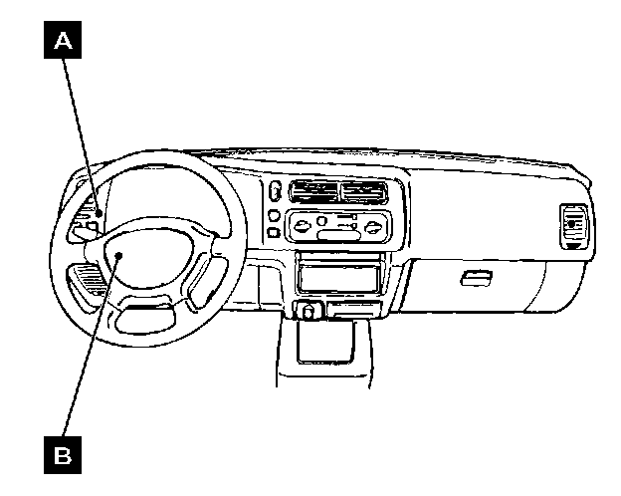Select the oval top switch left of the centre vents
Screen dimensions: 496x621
pos(274,191)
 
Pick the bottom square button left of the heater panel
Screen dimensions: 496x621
pos(272,234)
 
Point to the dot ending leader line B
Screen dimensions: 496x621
pos(117,257)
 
